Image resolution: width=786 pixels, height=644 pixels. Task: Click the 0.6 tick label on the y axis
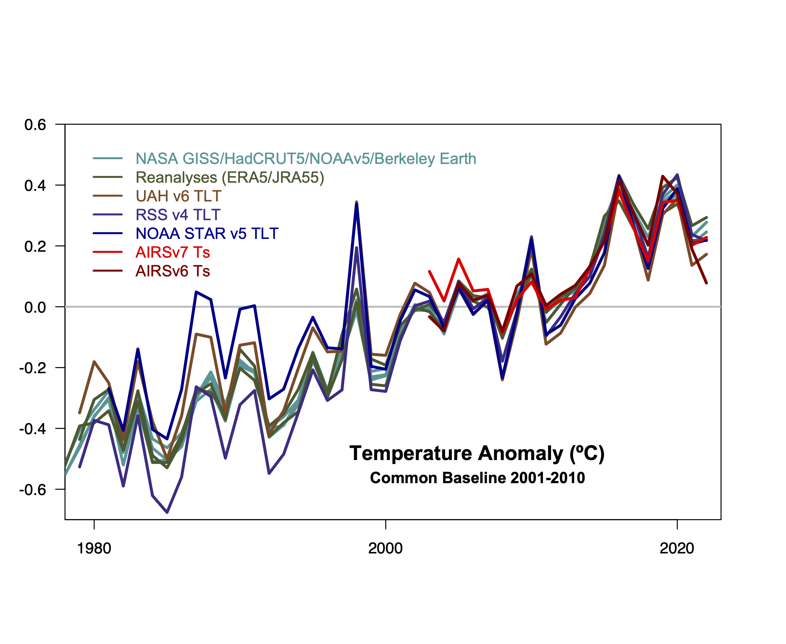[35, 125]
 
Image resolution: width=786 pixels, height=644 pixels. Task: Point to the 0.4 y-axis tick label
[35, 186]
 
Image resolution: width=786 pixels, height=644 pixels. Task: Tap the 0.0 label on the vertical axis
[35, 307]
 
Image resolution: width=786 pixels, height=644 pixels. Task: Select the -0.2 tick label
[33, 368]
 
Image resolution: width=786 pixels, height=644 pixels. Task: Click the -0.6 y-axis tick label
[33, 490]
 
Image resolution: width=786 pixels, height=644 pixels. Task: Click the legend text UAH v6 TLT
[178, 196]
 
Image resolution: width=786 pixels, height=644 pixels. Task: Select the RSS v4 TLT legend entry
[178, 215]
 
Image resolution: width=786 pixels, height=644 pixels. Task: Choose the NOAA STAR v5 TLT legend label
[207, 233]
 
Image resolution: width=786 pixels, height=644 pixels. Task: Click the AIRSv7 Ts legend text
[172, 252]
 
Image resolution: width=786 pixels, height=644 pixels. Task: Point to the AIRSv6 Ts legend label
[172, 271]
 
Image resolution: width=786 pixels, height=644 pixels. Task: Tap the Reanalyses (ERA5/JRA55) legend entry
[230, 177]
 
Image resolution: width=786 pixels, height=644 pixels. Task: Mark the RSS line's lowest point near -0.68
[167, 512]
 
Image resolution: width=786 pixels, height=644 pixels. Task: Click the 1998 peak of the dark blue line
[357, 204]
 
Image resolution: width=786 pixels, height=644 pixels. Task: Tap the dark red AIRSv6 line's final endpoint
[707, 283]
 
